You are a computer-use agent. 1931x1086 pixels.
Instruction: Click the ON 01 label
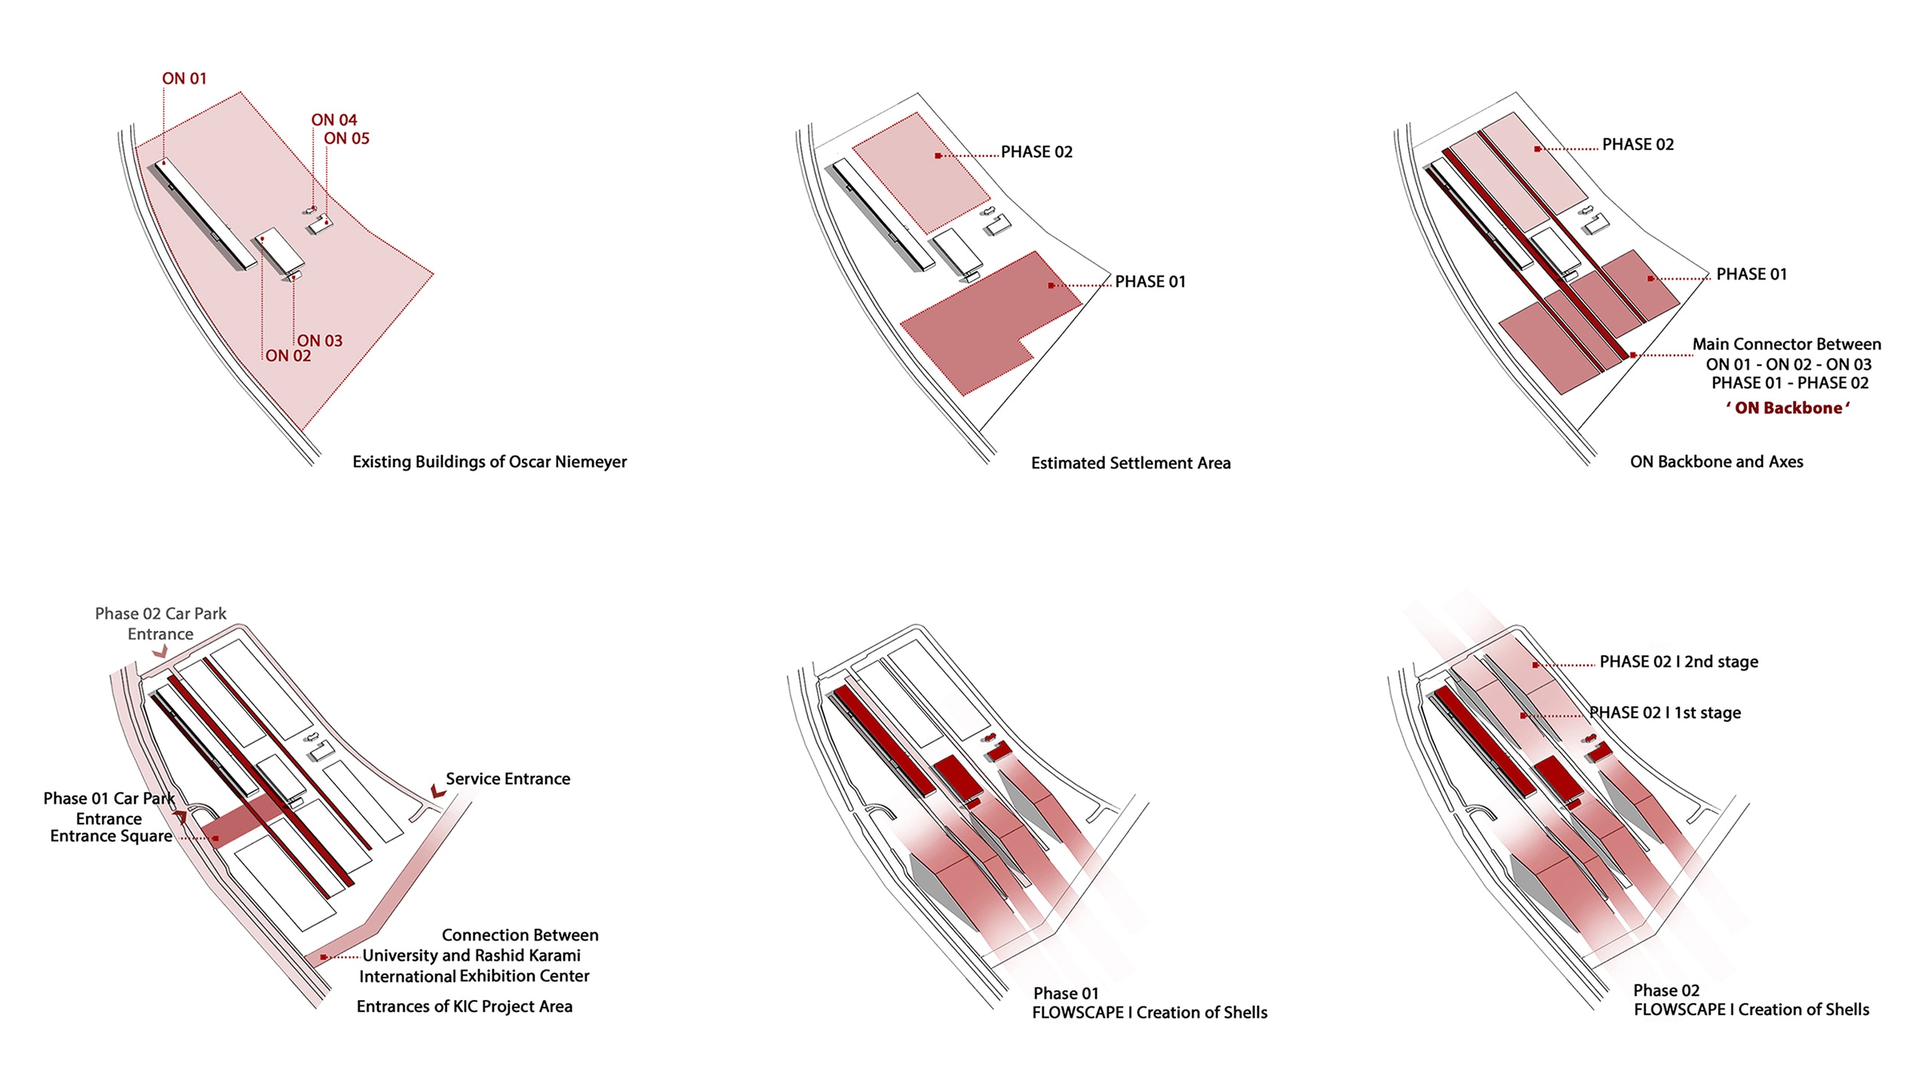[184, 78]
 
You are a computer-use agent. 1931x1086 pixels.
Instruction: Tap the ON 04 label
[334, 120]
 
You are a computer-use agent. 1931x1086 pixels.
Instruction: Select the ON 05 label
[347, 138]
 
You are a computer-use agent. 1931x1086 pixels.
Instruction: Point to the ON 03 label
[320, 341]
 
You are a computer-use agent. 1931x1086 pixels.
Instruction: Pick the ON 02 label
[288, 356]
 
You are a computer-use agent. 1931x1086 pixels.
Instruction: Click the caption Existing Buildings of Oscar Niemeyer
[490, 462]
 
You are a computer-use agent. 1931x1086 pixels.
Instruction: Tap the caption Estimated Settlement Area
[1131, 463]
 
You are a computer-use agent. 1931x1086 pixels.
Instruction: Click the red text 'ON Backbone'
[1788, 408]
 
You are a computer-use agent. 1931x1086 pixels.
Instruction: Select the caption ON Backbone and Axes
[1717, 462]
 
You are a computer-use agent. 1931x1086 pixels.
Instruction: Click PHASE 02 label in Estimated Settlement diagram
[1036, 152]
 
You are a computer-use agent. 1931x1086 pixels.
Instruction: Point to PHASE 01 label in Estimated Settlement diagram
[1150, 281]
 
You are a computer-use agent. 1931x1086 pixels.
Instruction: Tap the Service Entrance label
[508, 779]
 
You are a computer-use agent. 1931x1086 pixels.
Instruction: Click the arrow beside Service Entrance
[437, 791]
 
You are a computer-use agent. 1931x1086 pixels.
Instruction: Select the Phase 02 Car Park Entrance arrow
[160, 651]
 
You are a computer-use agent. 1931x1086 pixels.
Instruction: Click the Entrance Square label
[111, 836]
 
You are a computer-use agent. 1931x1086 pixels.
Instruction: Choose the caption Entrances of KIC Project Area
[465, 1007]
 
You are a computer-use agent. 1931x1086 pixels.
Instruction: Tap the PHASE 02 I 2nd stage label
[1679, 662]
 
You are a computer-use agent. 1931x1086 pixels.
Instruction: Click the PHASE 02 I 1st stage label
[1665, 713]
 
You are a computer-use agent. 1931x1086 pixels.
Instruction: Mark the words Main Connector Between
[1787, 345]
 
